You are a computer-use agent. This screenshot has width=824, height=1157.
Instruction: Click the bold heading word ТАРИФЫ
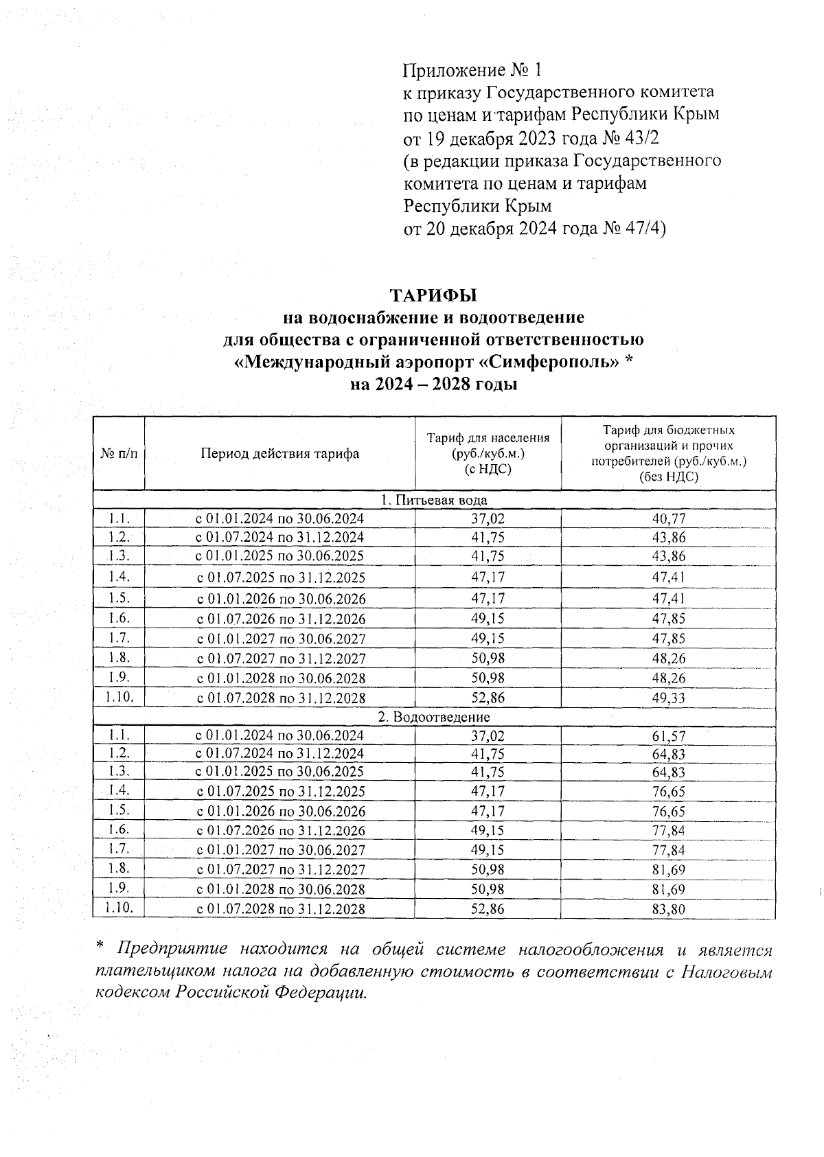[433, 295]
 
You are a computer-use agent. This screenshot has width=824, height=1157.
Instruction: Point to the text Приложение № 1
[472, 70]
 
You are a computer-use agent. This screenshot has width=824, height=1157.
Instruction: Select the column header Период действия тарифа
[279, 454]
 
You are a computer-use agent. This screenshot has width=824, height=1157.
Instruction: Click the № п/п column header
[119, 454]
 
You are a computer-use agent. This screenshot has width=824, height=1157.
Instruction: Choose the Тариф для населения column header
[488, 453]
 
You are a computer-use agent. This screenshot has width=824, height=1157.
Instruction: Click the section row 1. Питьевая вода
[434, 500]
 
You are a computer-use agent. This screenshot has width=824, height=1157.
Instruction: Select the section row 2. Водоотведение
[434, 717]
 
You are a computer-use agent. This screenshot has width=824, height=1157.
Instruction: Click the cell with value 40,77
[668, 519]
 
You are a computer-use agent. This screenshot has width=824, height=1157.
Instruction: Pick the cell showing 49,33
[668, 698]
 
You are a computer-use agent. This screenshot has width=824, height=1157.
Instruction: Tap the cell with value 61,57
[668, 736]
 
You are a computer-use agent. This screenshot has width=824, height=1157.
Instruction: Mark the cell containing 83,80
[668, 910]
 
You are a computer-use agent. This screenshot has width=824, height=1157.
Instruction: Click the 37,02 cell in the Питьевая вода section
[488, 519]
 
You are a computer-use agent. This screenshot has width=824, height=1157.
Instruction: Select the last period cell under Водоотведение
[281, 910]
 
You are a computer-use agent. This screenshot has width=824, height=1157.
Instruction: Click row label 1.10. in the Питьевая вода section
[119, 697]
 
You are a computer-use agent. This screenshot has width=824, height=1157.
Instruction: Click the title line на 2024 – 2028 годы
[433, 385]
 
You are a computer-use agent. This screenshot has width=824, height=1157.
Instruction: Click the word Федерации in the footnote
[319, 993]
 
